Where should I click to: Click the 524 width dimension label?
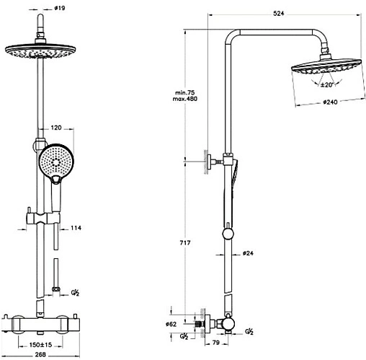(279, 14)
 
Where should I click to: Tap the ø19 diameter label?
(60, 8)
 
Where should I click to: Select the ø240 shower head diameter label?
(330, 102)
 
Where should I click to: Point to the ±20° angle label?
(327, 84)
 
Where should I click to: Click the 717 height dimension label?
(185, 243)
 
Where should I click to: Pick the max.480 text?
(185, 99)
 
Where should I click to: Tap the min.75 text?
(185, 92)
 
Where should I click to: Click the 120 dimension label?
(56, 128)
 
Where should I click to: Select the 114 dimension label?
(76, 228)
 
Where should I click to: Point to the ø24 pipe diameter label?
(248, 253)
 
